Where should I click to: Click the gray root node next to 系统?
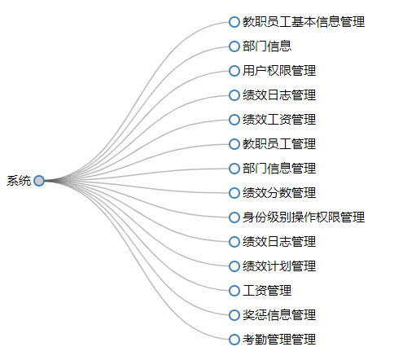tap(39, 181)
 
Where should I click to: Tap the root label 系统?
tap(19, 181)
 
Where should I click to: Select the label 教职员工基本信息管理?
tap(304, 22)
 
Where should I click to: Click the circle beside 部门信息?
tap(234, 46)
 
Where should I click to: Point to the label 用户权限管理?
tap(279, 71)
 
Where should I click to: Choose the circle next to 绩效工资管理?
tap(234, 120)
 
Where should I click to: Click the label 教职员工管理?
tap(279, 144)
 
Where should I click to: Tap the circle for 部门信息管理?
tap(234, 169)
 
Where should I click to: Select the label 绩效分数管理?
tap(279, 193)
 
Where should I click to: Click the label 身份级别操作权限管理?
tap(304, 217)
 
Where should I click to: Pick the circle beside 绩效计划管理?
tap(234, 266)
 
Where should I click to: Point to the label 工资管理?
tap(267, 291)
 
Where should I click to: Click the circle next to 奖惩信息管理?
tap(234, 315)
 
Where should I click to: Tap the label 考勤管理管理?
tap(279, 340)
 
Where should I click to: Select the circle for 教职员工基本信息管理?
tap(234, 22)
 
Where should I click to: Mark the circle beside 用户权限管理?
tap(234, 71)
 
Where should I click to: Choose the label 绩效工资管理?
tap(279, 120)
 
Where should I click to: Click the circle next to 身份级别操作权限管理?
tap(234, 217)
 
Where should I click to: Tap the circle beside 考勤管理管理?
tap(234, 340)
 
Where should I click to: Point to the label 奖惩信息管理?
tap(279, 315)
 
